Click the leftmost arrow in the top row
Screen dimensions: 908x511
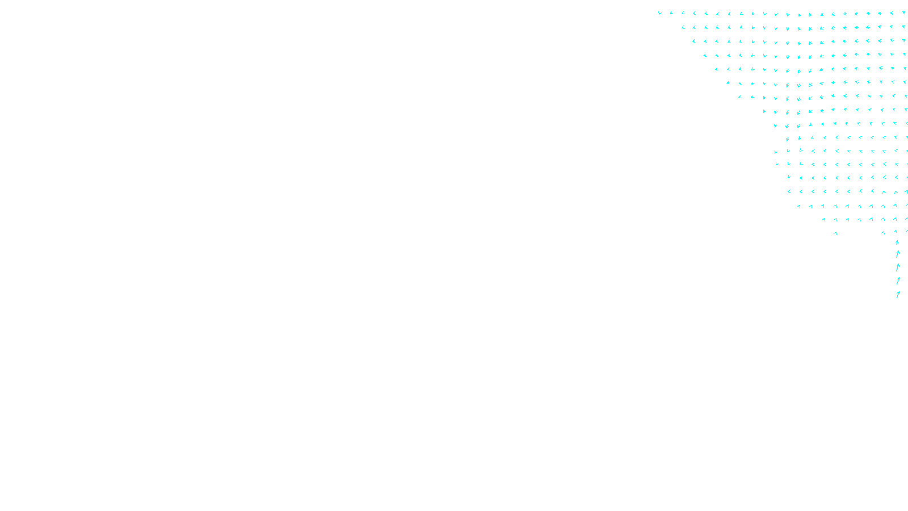tap(659, 13)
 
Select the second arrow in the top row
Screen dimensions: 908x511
tap(671, 13)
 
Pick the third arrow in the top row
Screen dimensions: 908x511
tap(683, 13)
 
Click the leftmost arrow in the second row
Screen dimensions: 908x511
tap(683, 27)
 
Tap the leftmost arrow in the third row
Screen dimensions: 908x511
tap(693, 41)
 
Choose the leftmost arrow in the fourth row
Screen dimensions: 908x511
tap(705, 55)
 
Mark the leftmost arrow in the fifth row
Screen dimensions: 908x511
tap(717, 69)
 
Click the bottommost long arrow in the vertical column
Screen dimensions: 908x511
tap(898, 295)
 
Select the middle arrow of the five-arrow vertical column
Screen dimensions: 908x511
tap(898, 267)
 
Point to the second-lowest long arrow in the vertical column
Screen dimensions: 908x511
tap(898, 280)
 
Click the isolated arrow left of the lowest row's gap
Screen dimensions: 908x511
tap(835, 233)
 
